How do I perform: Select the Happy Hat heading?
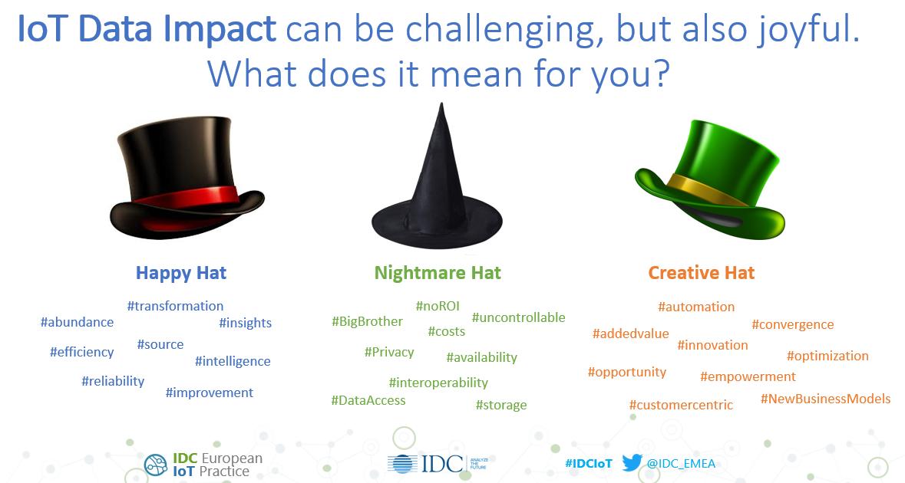point(181,273)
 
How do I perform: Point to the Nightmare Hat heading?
point(438,273)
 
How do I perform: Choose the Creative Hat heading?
point(701,273)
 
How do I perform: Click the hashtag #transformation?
point(175,306)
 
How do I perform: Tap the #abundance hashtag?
point(77,322)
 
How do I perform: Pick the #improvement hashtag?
point(209,393)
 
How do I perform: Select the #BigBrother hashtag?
point(367,321)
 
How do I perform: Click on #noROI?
point(438,306)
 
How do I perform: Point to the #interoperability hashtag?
point(438,382)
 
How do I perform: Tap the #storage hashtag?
point(501,405)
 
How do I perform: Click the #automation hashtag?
point(696,307)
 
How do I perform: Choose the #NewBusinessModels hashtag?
point(825,399)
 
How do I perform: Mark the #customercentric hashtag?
point(681,405)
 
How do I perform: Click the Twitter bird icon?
point(632,463)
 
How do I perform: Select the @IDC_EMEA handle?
point(682,464)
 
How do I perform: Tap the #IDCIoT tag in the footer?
point(589,464)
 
